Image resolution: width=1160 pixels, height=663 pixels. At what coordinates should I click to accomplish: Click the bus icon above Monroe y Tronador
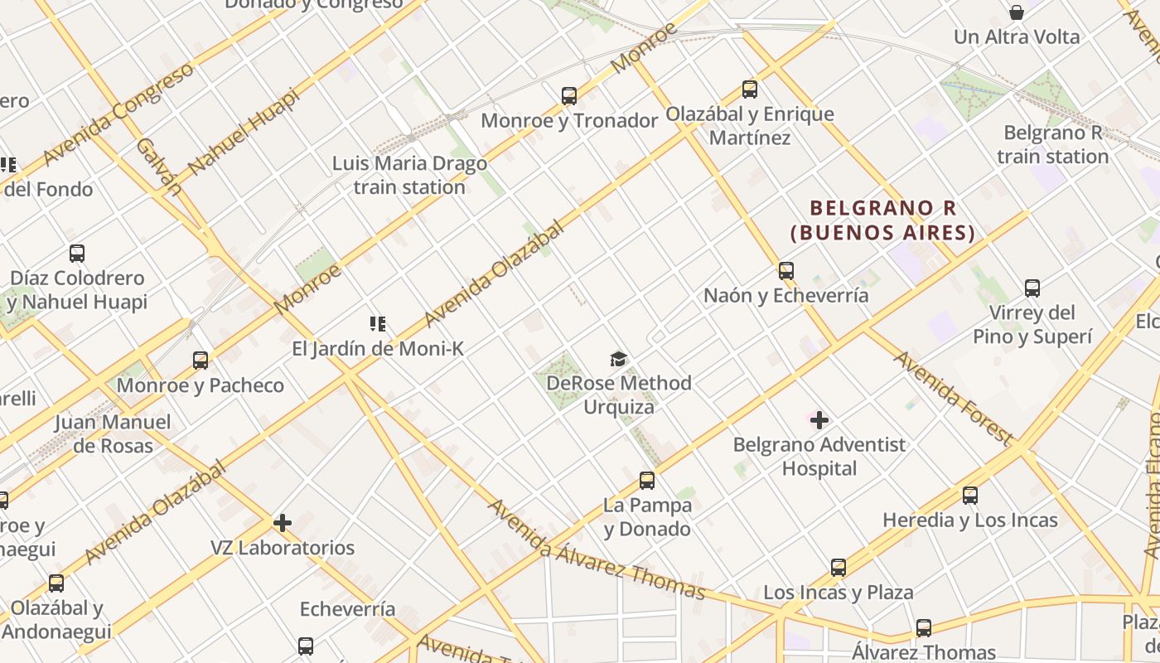(568, 96)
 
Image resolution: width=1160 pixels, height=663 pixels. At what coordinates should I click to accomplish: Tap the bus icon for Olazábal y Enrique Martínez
(750, 90)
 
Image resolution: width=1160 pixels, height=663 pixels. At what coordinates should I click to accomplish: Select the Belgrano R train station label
(1052, 144)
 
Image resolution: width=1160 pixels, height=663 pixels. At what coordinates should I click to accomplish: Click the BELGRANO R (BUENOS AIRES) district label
(883, 220)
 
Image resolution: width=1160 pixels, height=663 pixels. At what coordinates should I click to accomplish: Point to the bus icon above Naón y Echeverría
(785, 271)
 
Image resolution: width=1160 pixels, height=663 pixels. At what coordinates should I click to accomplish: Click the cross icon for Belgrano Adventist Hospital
(819, 420)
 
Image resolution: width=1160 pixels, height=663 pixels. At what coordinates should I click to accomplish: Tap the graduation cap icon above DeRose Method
(618, 359)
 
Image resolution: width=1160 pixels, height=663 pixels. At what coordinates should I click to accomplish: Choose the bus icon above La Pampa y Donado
(647, 481)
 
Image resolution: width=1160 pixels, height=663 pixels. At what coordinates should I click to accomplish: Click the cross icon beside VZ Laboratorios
(283, 523)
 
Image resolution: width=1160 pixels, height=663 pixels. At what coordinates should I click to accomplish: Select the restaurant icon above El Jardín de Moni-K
(378, 324)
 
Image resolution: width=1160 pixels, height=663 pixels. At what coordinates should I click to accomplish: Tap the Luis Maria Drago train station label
(409, 175)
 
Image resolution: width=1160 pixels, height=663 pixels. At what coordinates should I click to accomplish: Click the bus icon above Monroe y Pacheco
(201, 361)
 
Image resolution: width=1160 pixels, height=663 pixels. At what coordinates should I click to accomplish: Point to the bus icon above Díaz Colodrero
(77, 254)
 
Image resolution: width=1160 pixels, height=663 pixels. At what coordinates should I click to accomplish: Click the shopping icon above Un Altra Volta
(1017, 12)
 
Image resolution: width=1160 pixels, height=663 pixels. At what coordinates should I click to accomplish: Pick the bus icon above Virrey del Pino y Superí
(1032, 288)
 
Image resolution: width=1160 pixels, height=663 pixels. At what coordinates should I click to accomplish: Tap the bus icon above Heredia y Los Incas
(970, 496)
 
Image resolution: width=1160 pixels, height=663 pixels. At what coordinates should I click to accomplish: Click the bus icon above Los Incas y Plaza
(839, 568)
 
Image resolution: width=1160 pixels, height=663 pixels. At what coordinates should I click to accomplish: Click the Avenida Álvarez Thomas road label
(597, 549)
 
